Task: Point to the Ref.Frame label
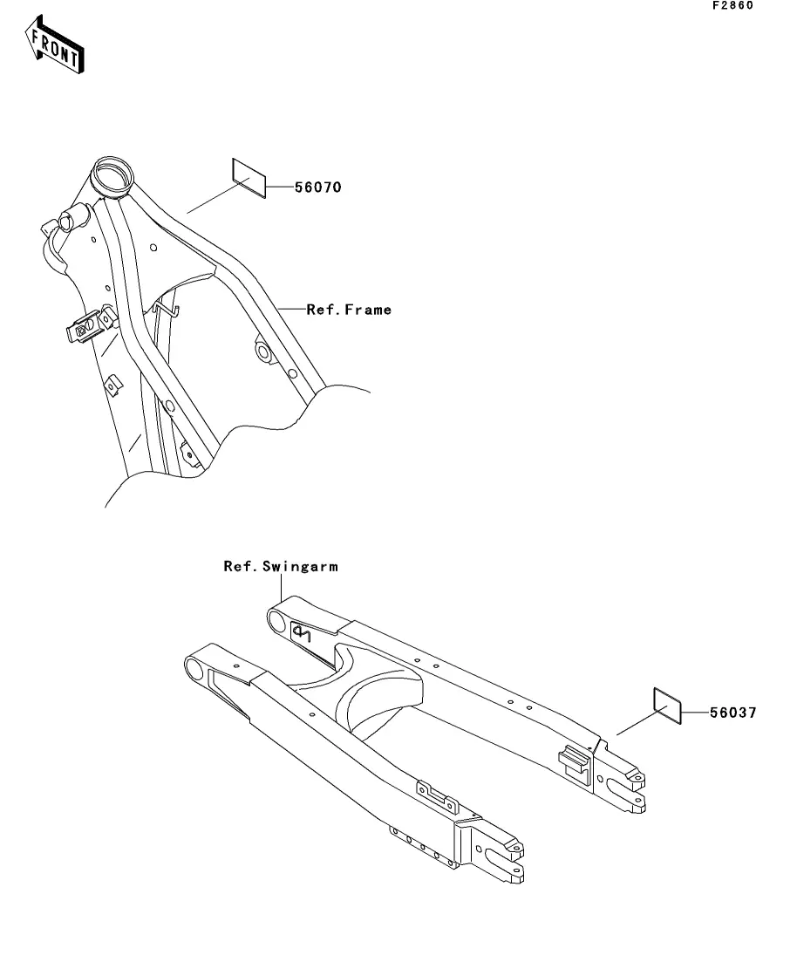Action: (349, 310)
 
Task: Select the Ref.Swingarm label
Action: (281, 567)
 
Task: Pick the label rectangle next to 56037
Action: (667, 704)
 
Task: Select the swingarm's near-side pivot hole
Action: (194, 670)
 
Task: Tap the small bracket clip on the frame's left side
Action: (88, 326)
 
